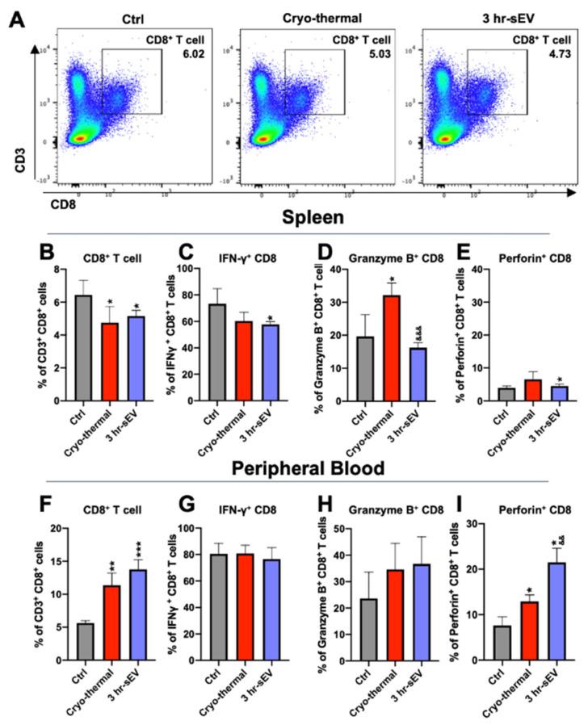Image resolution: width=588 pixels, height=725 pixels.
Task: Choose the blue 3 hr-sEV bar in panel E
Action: tap(555, 393)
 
